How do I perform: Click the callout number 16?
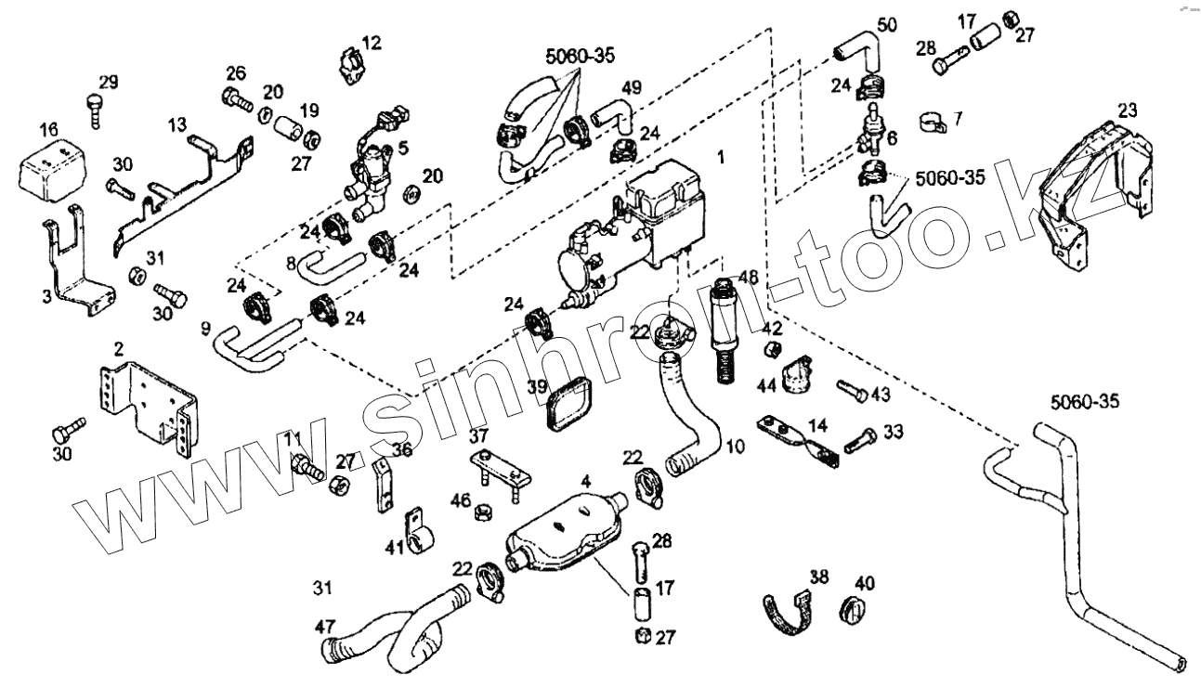[49, 128]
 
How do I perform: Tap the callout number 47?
[324, 627]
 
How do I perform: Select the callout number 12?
[372, 42]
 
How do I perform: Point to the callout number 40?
[865, 584]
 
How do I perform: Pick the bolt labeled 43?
[850, 390]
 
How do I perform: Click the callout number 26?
[236, 73]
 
